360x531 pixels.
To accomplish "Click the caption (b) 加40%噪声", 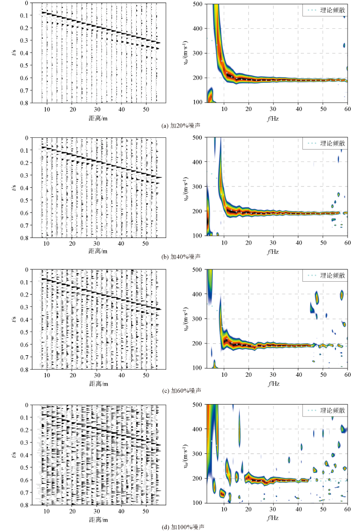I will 180,255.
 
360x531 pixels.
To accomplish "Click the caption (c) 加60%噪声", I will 180,391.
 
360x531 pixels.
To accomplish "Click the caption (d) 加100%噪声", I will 180,527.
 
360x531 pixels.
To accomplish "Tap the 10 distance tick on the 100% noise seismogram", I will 47,509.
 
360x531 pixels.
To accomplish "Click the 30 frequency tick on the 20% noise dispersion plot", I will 273,108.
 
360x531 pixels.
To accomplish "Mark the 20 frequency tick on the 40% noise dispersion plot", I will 248,243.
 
